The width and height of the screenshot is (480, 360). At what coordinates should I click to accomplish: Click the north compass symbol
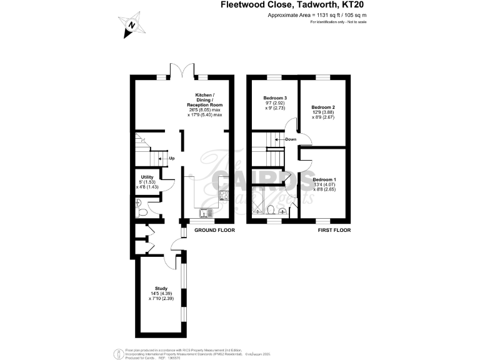tap(131, 25)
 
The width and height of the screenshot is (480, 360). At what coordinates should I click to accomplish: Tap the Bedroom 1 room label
tap(324, 179)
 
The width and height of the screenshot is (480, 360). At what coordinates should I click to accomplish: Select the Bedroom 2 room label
tap(324, 107)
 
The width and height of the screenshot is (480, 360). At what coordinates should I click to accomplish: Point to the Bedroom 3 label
tap(275, 98)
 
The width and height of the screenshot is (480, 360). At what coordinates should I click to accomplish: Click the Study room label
tap(161, 288)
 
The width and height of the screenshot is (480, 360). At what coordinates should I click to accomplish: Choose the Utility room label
tap(147, 177)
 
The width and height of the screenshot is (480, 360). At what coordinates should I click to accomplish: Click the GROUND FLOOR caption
tap(214, 230)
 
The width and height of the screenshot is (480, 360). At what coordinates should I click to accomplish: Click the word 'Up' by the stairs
tap(171, 158)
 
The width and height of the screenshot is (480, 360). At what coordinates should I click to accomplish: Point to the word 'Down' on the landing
tap(291, 139)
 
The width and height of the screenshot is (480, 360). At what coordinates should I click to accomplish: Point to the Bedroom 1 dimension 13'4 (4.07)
tap(326, 184)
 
